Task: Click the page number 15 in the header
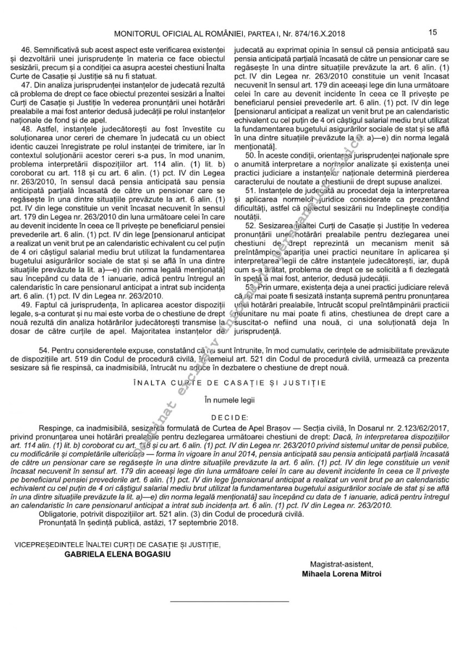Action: [x=433, y=33]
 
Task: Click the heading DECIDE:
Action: [x=229, y=418]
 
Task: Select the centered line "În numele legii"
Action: [x=229, y=400]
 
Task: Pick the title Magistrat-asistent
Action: [x=342, y=564]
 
